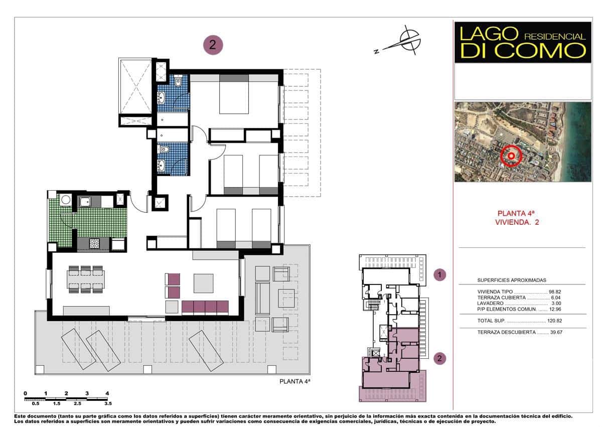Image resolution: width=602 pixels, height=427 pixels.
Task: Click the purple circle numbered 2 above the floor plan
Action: click(x=213, y=45)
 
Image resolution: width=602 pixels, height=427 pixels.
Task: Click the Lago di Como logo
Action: click(x=522, y=42)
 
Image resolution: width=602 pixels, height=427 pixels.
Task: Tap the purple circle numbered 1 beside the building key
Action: click(x=440, y=274)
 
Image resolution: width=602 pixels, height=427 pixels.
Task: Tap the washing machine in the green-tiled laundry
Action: click(x=65, y=200)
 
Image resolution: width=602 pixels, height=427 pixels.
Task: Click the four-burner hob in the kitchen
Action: click(x=94, y=243)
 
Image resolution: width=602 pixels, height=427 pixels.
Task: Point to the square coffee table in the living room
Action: click(x=204, y=282)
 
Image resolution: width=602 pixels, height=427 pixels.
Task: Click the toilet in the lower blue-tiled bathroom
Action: click(x=164, y=149)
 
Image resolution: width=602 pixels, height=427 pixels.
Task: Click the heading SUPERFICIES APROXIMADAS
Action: click(x=511, y=280)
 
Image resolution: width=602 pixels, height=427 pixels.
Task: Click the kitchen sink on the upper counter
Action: click(x=85, y=202)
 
